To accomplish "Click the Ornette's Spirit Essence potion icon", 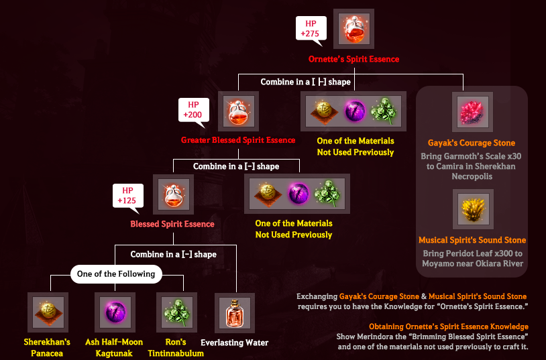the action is point(353,29).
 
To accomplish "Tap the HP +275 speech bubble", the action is point(311,29).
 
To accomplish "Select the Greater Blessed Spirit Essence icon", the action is point(239,111).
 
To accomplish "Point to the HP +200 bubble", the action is point(194,111).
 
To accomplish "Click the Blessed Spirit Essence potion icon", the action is point(174,194).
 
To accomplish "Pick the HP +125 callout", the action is point(128,196).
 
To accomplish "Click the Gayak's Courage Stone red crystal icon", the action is point(472,112).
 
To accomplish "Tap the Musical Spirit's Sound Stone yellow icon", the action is point(473,209).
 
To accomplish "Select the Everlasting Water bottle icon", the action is point(235,313).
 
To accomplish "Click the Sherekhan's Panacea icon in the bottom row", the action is point(48,312).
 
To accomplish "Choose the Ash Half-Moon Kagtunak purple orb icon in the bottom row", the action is point(115,312).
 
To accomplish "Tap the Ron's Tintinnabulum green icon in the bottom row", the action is point(176,312).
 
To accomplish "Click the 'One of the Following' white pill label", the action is point(116,274).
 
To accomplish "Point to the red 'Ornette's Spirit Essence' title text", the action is point(353,59).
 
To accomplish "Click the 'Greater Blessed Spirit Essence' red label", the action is point(238,140).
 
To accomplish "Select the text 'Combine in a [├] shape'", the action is point(306,82).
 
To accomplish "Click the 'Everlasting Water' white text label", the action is point(234,343).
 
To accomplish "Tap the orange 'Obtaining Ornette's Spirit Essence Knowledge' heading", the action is point(449,326).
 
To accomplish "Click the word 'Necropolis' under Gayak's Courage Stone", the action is point(472,176).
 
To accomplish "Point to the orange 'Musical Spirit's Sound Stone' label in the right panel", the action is point(472,240).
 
